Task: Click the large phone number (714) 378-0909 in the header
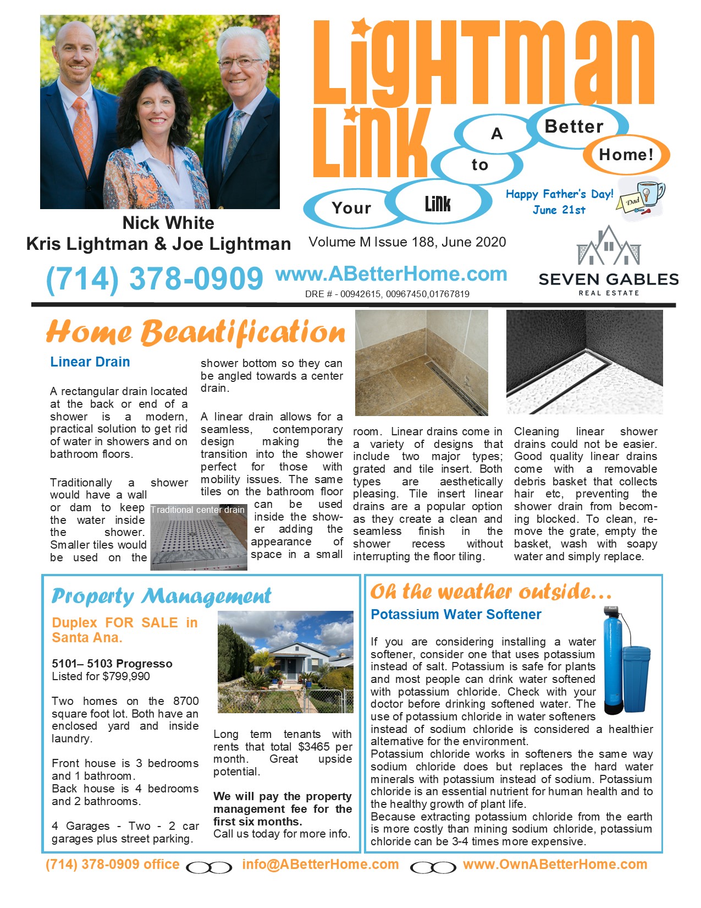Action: click(154, 278)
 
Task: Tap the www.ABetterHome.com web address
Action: click(391, 274)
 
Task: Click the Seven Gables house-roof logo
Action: click(609, 246)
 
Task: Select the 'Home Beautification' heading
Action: click(196, 332)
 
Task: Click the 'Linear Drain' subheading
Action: click(90, 362)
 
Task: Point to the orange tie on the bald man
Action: click(83, 135)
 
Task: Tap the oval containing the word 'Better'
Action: click(574, 127)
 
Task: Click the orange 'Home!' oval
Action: click(626, 155)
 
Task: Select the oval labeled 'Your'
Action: click(351, 208)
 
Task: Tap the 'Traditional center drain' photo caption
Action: click(198, 510)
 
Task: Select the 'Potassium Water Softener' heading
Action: click(456, 615)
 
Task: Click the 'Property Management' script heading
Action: click(161, 596)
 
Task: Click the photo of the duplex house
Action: click(285, 661)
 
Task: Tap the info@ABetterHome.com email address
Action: click(321, 865)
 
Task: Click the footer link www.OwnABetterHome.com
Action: click(555, 865)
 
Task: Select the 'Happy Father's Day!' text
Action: click(559, 194)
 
